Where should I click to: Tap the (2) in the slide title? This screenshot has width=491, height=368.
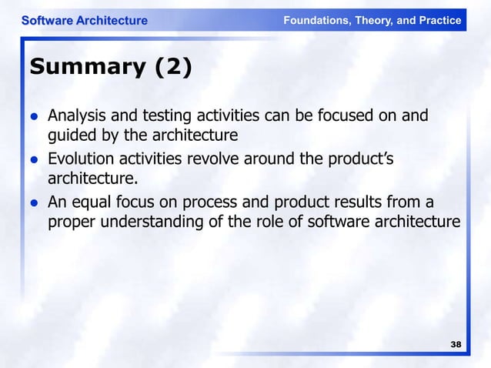coord(173,69)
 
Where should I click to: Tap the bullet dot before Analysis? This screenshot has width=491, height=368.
coord(35,117)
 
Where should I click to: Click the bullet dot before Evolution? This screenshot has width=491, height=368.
coord(35,160)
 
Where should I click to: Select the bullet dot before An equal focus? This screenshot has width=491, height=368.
coord(35,203)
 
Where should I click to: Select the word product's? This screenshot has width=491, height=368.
coord(361,159)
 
